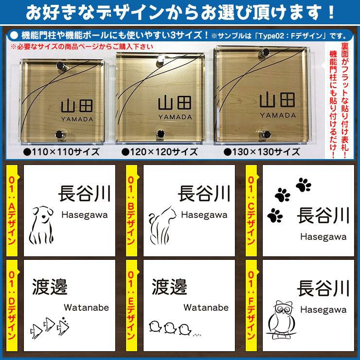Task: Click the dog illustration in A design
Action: point(41,225)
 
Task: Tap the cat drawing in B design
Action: point(162,225)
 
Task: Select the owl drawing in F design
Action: point(281,320)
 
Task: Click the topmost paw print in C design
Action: point(303,184)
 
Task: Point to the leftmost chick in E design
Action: point(155,326)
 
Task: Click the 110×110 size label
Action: point(61,152)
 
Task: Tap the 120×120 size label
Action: point(160,152)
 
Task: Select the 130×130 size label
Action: point(262,152)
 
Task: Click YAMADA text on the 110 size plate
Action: point(77,119)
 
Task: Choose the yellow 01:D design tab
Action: point(12,306)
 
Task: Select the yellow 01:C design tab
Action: point(252,211)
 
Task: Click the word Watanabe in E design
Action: point(206,307)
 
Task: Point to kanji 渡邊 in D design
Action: point(50,287)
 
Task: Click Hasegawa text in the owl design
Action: point(323,310)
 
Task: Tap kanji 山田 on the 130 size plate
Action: point(277,100)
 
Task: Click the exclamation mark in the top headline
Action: point(331,12)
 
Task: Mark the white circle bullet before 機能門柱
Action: point(14,35)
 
